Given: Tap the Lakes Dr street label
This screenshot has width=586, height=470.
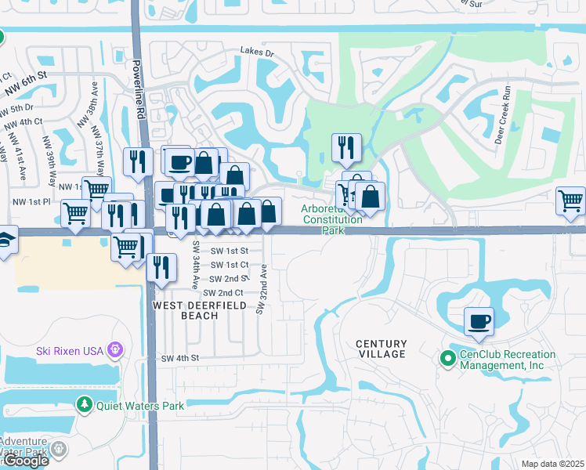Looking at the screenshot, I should [x=259, y=53].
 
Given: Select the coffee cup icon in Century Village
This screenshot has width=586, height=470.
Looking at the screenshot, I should [x=479, y=320].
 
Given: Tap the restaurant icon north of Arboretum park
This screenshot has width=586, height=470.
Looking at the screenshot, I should [x=345, y=146].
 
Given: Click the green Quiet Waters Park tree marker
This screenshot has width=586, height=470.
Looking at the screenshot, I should [x=85, y=405].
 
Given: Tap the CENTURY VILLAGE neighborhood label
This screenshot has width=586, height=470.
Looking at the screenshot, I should [x=381, y=349].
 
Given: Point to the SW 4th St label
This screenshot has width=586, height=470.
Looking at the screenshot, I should [x=181, y=358].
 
